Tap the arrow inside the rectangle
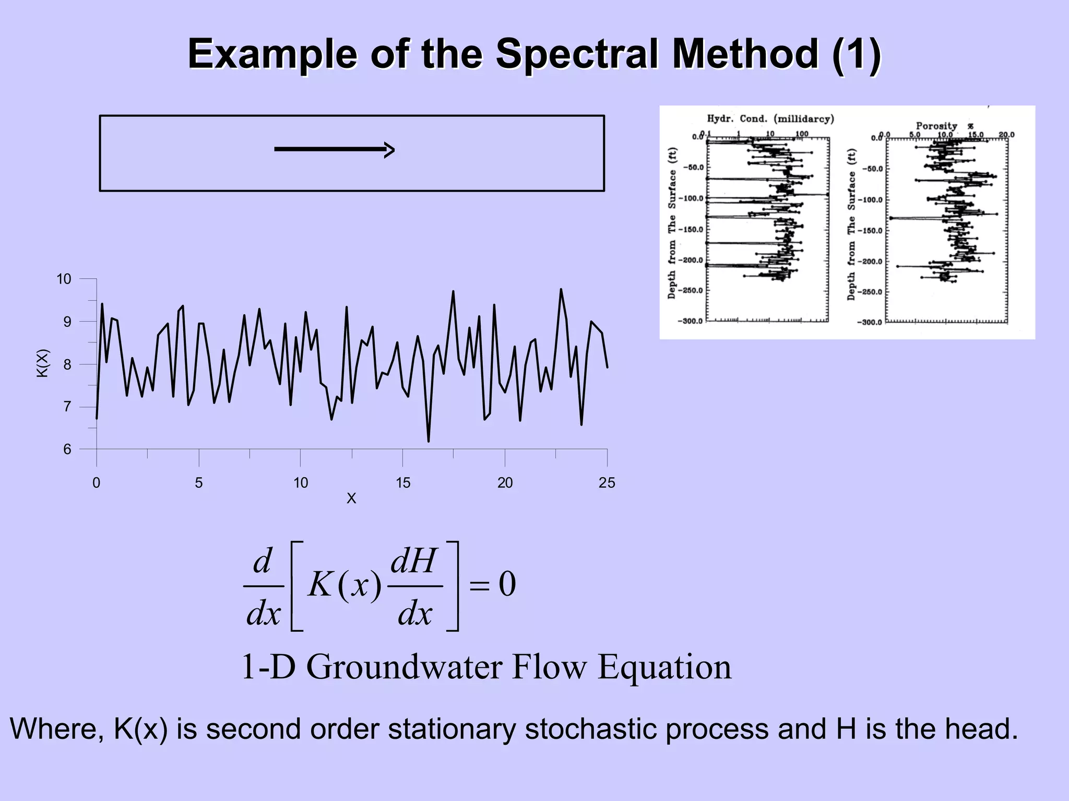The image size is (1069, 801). (334, 150)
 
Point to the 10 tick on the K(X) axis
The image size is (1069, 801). (64, 279)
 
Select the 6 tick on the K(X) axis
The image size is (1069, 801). (67, 450)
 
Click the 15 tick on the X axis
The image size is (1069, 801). (402, 482)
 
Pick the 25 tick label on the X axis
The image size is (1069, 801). (607, 482)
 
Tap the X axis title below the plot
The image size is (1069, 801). (351, 498)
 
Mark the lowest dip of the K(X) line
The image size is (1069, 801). (429, 441)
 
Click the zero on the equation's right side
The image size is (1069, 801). (507, 584)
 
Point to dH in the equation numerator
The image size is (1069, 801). (413, 561)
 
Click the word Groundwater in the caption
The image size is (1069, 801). (404, 667)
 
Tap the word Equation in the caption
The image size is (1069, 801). (664, 667)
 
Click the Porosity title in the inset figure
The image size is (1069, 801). (936, 126)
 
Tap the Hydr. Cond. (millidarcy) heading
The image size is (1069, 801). (770, 119)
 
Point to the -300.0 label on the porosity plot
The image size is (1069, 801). (869, 322)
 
